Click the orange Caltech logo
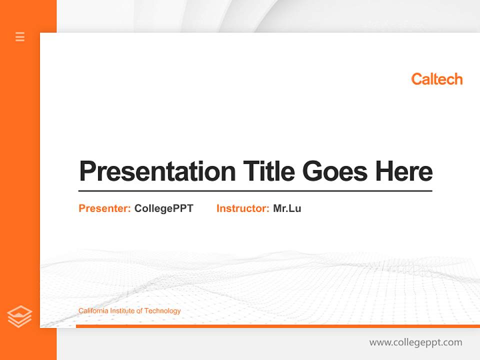click(436, 79)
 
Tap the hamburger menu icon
click(20, 36)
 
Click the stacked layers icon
click(19, 316)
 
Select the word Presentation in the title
click(157, 171)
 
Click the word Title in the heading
click(268, 171)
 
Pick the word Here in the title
click(404, 171)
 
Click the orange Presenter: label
click(105, 208)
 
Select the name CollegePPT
click(163, 208)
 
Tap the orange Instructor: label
click(243, 208)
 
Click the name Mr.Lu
click(287, 208)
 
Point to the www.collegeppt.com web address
click(415, 342)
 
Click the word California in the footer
click(93, 311)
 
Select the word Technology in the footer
click(162, 311)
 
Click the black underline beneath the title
click(255, 190)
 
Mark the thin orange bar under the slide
click(277, 326)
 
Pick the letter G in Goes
click(312, 171)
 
